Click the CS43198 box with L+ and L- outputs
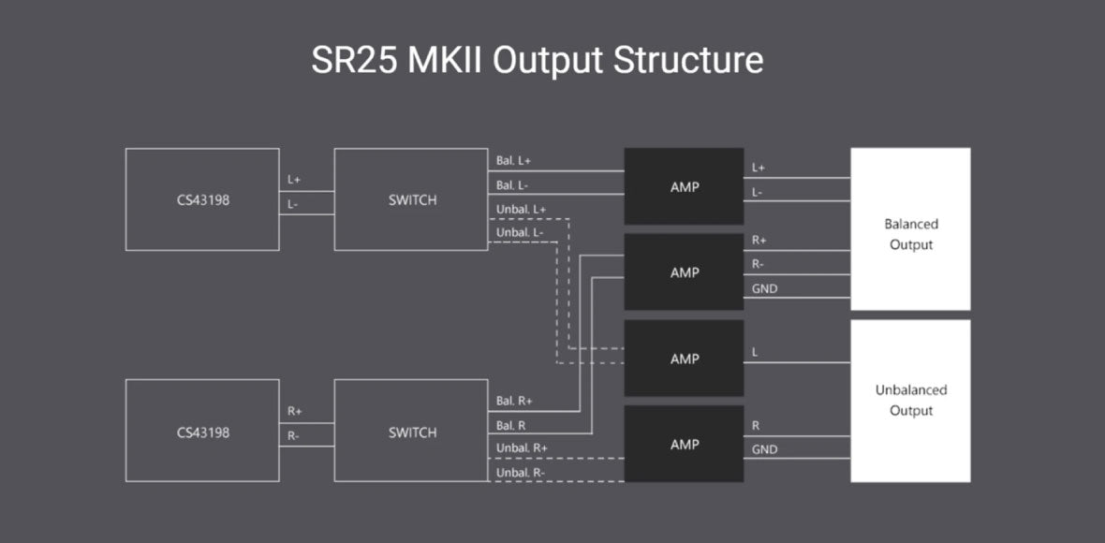[202, 199]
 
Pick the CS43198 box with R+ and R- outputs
[202, 433]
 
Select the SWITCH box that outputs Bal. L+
[412, 199]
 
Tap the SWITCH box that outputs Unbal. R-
[412, 433]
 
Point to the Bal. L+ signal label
[514, 161]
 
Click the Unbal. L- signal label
[520, 232]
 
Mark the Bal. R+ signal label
[514, 401]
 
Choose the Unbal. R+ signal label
[522, 448]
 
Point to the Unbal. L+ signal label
[522, 209]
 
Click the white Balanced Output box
[910, 229]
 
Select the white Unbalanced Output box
[910, 401]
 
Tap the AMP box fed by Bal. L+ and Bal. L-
[685, 186]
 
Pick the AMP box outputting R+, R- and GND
[685, 272]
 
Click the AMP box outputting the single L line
[685, 359]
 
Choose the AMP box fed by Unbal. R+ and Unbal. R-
[685, 444]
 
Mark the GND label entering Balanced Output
[764, 289]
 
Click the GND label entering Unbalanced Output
[764, 449]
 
